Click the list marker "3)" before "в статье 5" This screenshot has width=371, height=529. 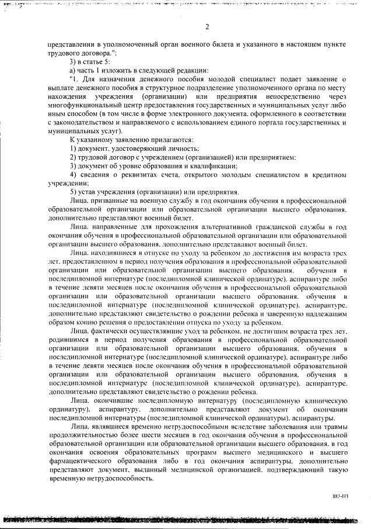73,62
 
